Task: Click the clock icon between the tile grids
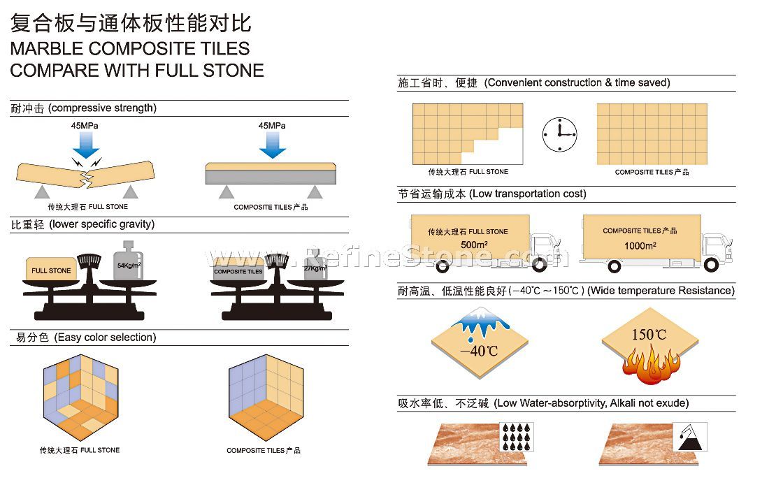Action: pos(559,133)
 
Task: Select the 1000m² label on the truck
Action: pos(640,244)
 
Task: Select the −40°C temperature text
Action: pos(480,350)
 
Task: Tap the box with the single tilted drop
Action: pos(688,437)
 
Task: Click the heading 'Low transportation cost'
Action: pos(528,194)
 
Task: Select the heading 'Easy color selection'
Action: pos(103,338)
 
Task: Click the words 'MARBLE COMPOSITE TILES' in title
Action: pos(129,49)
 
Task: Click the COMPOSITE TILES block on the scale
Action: pos(238,270)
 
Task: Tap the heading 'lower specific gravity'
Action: pos(102,224)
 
